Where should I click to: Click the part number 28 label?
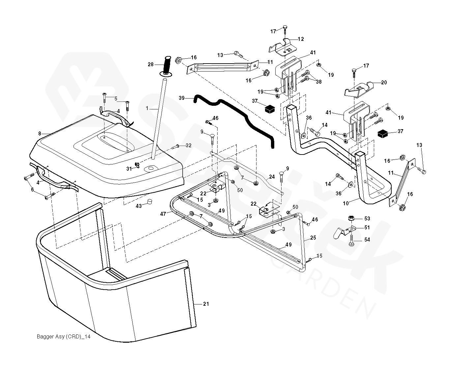click(151, 65)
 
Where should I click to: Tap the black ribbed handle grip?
click(167, 66)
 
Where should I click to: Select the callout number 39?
click(182, 98)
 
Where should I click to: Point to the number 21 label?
click(206, 304)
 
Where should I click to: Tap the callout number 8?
click(40, 134)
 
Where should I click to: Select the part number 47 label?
click(163, 214)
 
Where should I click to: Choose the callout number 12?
click(301, 39)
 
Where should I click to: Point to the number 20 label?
click(384, 83)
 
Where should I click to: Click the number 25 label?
click(313, 238)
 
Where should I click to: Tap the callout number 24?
click(271, 177)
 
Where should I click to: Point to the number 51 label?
click(367, 227)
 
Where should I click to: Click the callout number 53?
click(367, 219)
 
